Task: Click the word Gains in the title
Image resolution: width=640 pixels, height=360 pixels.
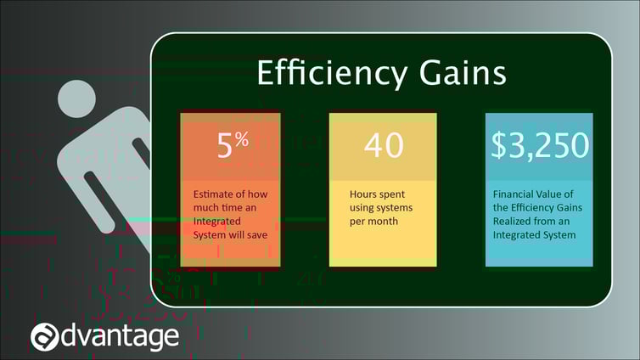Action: (463, 73)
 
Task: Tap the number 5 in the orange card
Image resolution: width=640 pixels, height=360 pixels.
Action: (224, 145)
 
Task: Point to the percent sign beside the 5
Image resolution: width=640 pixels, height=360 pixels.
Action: (242, 139)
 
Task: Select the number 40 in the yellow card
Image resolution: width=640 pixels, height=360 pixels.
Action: (384, 145)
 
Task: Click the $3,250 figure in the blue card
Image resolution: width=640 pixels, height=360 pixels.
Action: (540, 145)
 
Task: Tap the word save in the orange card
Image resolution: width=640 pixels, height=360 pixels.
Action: (257, 235)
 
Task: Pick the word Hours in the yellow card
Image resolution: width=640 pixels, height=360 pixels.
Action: (362, 194)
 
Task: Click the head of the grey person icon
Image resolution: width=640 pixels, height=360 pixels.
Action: (76, 99)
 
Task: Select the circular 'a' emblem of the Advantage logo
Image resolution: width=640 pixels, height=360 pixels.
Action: (44, 337)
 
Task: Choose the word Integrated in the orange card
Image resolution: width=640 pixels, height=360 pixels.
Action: (216, 222)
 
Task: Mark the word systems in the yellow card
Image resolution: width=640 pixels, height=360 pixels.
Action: (392, 208)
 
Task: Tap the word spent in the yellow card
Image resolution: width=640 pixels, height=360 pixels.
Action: (392, 194)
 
